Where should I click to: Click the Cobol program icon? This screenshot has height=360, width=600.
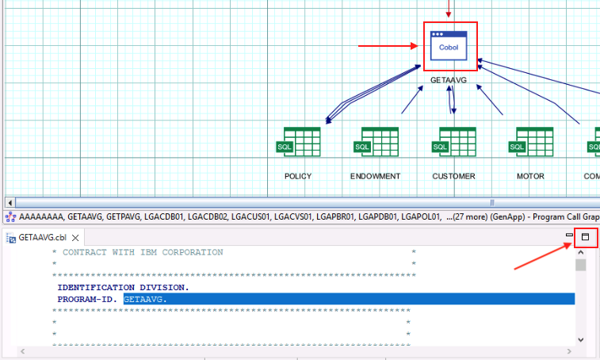(449, 45)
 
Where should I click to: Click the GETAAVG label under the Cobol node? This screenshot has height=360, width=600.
(449, 80)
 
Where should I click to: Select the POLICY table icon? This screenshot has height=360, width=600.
(299, 142)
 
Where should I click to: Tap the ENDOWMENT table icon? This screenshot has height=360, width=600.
(376, 142)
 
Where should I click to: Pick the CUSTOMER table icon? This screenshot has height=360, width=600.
(454, 142)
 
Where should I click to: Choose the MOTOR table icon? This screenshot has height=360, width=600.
(531, 142)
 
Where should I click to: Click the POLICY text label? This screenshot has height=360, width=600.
(298, 176)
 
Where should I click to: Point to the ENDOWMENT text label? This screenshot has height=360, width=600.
(376, 176)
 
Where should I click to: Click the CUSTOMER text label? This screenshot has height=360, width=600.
(454, 176)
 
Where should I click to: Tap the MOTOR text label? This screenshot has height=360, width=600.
(530, 176)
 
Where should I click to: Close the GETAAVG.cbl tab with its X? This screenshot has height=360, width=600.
(75, 238)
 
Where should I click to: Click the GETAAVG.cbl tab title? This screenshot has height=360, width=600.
(43, 237)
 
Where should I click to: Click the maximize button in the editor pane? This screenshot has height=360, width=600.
(585, 237)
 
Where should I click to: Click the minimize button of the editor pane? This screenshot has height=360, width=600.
(569, 235)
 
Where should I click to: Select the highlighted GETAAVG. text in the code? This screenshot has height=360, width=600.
(145, 299)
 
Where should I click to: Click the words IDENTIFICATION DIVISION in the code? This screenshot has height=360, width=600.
(123, 287)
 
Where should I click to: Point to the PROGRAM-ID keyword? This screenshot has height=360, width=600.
(87, 299)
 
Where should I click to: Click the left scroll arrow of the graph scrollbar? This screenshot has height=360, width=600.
(10, 202)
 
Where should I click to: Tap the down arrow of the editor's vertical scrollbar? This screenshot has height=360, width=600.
(581, 339)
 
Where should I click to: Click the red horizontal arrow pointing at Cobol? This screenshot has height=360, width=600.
(388, 46)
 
